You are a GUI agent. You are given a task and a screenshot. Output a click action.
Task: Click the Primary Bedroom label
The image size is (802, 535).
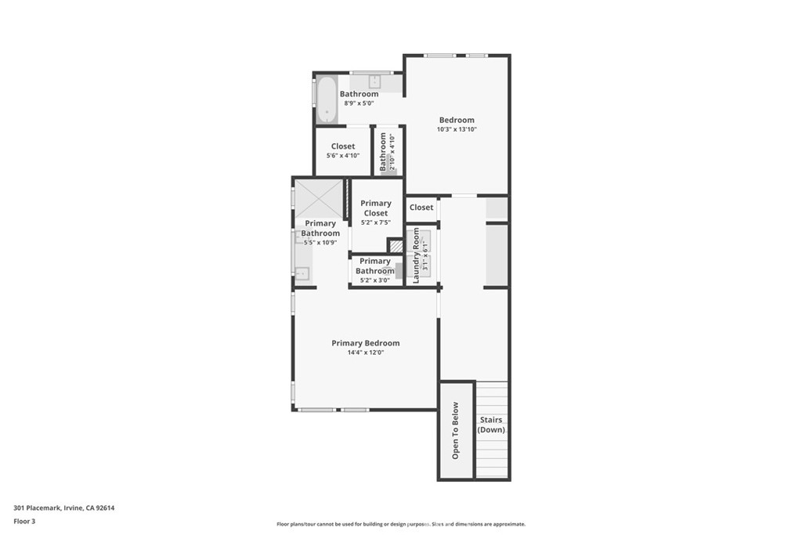[x=365, y=343]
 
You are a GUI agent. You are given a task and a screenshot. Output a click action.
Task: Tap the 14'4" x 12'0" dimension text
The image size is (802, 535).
[x=365, y=352]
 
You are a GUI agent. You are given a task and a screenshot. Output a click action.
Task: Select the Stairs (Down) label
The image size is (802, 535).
[x=492, y=425]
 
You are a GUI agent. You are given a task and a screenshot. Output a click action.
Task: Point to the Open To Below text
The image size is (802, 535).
[x=456, y=430]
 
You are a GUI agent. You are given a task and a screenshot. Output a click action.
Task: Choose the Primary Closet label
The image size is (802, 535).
[x=376, y=208]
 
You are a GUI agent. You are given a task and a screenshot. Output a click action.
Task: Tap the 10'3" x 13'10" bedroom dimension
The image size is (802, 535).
[x=457, y=129]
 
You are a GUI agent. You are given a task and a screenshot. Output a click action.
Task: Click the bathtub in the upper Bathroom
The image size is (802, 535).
[x=327, y=99]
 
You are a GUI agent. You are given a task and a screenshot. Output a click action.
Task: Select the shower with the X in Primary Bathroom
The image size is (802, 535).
[x=319, y=198]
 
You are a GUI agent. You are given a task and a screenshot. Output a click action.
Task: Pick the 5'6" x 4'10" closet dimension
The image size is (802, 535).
[x=343, y=155]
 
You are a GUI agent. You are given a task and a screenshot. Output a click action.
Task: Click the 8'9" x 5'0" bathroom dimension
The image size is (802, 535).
[x=359, y=103]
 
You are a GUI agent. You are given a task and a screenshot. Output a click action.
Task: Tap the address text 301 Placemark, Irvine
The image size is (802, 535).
[x=64, y=508]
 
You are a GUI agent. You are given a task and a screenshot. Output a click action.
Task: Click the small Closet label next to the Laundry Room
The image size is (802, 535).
[x=421, y=208]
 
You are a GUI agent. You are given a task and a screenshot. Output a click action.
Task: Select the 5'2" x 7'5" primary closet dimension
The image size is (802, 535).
[x=376, y=222]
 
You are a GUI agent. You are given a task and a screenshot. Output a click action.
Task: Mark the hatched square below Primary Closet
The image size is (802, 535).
[x=396, y=246]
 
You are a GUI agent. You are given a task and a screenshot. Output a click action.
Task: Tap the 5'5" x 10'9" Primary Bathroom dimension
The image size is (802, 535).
[x=321, y=243]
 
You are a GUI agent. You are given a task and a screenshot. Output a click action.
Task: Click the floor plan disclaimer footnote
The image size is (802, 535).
[x=400, y=524]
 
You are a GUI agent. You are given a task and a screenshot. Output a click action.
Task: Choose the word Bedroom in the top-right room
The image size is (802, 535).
[x=457, y=120]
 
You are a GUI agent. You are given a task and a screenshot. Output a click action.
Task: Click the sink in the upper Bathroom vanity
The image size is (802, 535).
[x=374, y=81]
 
